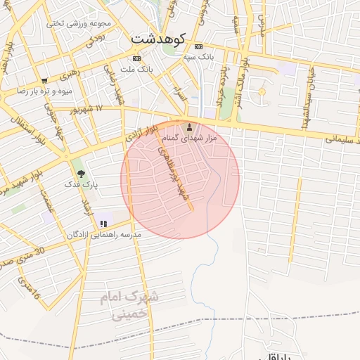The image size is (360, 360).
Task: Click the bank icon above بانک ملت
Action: coord(136,58)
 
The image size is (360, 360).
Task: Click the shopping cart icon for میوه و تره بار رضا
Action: coord(45,81)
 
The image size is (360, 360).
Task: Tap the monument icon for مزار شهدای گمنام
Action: coord(189,127)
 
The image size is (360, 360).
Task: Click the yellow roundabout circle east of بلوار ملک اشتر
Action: coord(262,92)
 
